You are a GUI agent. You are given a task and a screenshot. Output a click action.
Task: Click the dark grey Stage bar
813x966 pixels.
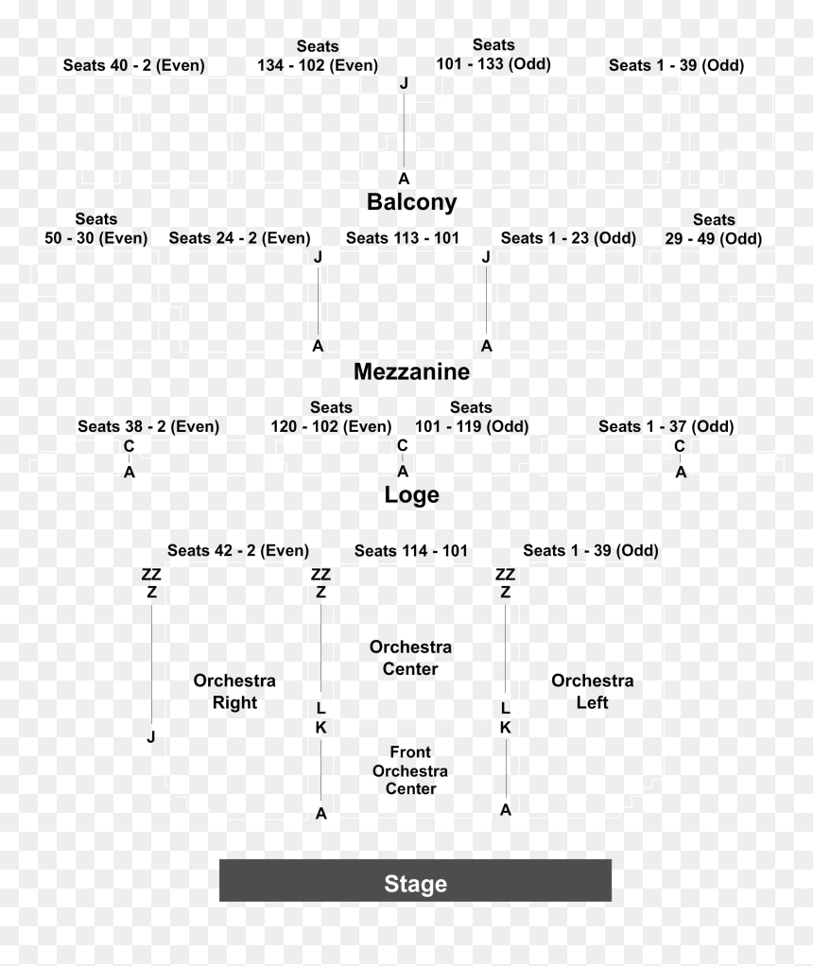pyautogui.click(x=415, y=880)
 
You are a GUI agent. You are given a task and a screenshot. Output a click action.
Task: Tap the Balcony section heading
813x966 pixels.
pyautogui.click(x=412, y=202)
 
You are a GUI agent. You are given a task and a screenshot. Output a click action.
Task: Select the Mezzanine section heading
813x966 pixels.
pyautogui.click(x=412, y=371)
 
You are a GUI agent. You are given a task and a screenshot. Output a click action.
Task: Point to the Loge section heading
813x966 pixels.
pyautogui.click(x=412, y=494)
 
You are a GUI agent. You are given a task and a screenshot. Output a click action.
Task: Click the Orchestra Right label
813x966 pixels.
pyautogui.click(x=234, y=691)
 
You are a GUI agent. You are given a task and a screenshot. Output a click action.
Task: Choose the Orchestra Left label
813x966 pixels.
pyautogui.click(x=593, y=691)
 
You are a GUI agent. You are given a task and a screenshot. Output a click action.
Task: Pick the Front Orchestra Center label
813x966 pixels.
pyautogui.click(x=410, y=770)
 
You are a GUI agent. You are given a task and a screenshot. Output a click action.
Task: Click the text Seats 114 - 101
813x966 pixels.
pyautogui.click(x=411, y=551)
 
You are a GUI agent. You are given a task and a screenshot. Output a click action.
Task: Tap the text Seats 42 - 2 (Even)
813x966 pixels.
pyautogui.click(x=238, y=550)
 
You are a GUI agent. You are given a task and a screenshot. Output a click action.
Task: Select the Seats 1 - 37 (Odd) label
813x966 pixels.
pyautogui.click(x=666, y=426)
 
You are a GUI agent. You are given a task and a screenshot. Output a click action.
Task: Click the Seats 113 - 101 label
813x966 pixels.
pyautogui.click(x=403, y=238)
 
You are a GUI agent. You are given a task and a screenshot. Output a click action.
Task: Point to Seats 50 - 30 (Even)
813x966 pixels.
pyautogui.click(x=96, y=229)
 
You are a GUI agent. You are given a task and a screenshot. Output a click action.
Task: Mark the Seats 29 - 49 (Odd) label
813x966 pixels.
pyautogui.click(x=714, y=229)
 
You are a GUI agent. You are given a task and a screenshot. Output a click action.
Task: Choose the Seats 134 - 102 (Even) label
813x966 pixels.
pyautogui.click(x=318, y=56)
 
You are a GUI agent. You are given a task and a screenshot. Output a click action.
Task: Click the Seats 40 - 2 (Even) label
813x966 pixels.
pyautogui.click(x=133, y=65)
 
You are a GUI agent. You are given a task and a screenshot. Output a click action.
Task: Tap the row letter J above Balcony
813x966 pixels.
pyautogui.click(x=404, y=82)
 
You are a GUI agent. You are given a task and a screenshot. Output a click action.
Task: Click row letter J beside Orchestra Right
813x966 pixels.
pyautogui.click(x=151, y=736)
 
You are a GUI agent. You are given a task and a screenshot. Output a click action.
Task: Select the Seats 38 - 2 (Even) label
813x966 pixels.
pyautogui.click(x=148, y=426)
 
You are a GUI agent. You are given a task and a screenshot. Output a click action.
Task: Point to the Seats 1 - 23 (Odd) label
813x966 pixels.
pyautogui.click(x=568, y=238)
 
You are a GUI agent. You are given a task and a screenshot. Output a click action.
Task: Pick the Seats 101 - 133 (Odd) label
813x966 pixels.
pyautogui.click(x=493, y=54)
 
